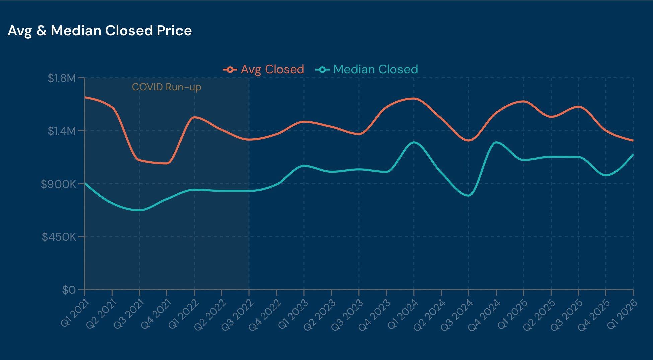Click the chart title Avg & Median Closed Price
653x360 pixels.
[99, 31]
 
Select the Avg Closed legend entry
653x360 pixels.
[264, 69]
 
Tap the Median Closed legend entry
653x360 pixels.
[367, 69]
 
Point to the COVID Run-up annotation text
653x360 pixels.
[166, 87]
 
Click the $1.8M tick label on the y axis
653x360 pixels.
[62, 78]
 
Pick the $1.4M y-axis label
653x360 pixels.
[62, 131]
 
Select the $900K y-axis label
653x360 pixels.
[59, 184]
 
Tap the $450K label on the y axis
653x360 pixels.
[59, 237]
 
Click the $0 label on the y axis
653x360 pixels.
[69, 290]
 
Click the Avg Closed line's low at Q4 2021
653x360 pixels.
[167, 163]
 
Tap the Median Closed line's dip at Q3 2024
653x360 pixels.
[468, 196]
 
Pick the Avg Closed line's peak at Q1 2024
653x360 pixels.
[414, 98]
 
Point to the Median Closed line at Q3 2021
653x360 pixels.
[139, 210]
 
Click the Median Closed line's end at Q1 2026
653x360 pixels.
[633, 154]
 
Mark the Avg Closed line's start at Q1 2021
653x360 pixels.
[85, 97]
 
